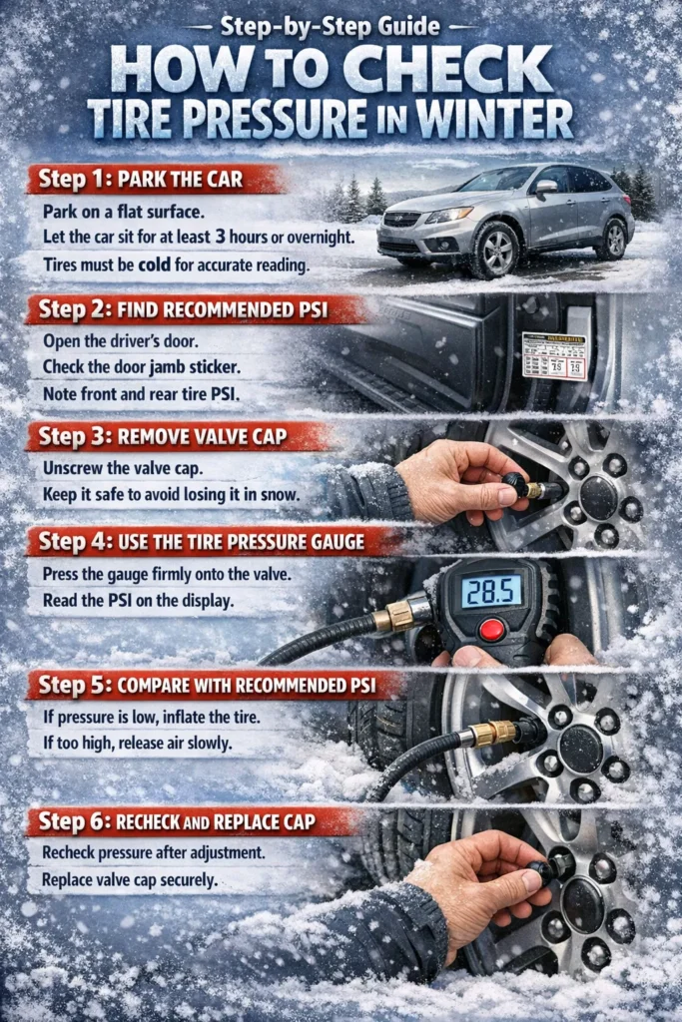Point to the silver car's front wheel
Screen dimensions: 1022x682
point(495,251)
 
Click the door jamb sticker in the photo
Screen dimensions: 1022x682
point(555,355)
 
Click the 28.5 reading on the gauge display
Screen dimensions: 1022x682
point(490,591)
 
